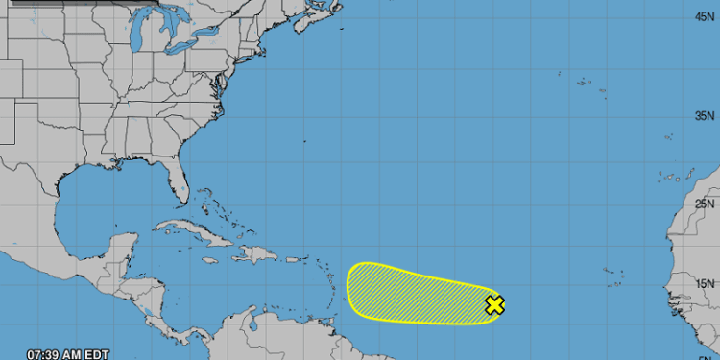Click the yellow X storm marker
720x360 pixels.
pos(494,305)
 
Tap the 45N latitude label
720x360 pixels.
pos(704,16)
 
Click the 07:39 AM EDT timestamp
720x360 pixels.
pos(68,353)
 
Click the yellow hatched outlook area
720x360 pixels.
pos(413,291)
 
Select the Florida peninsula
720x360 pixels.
pos(176,183)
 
